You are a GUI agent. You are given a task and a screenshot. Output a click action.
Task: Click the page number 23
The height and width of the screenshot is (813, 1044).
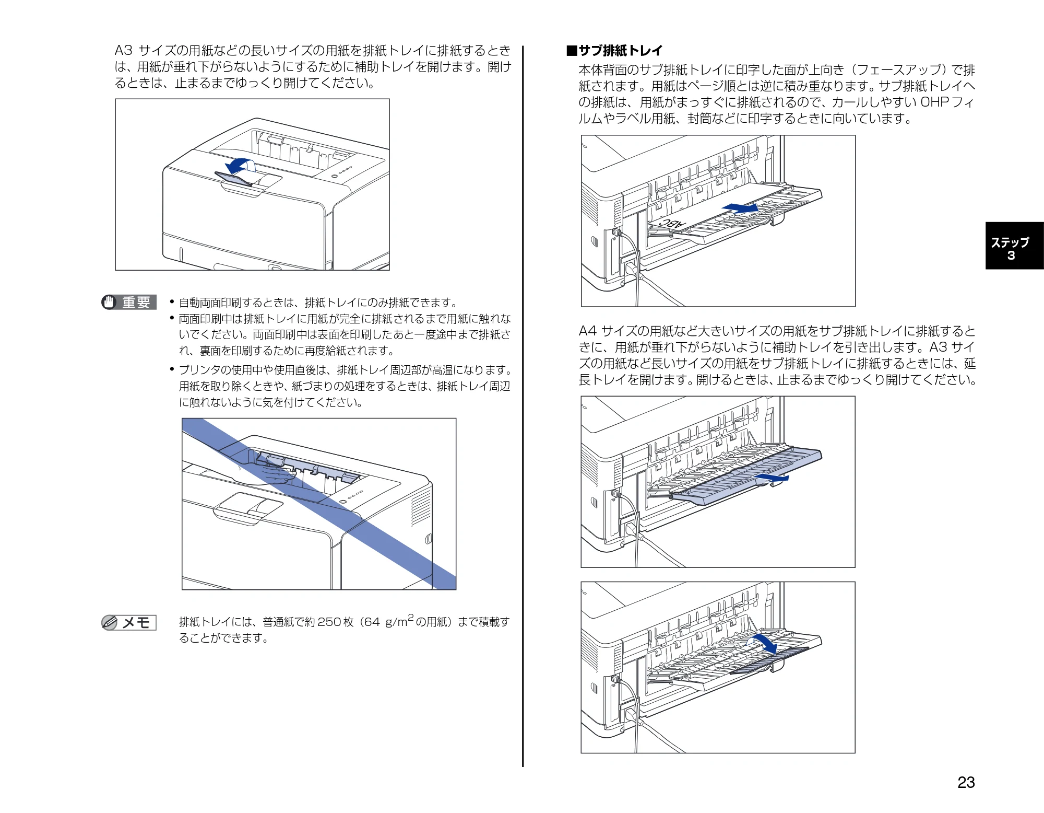tap(966, 782)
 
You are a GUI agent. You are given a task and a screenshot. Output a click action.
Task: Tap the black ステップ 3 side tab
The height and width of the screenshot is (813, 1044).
tap(1014, 246)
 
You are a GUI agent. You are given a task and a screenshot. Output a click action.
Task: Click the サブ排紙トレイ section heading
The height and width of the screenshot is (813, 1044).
tap(614, 51)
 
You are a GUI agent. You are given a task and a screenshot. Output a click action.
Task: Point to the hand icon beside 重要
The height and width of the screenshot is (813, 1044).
tap(109, 303)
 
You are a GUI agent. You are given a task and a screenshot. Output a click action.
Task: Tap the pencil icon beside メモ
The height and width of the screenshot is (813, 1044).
tap(110, 623)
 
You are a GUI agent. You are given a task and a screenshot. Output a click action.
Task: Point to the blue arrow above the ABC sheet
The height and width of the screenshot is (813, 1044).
tap(740, 208)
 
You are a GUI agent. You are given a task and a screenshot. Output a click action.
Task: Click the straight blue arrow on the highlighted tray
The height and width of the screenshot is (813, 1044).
tap(770, 478)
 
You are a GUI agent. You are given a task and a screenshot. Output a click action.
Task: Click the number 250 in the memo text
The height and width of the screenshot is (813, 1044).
tap(329, 622)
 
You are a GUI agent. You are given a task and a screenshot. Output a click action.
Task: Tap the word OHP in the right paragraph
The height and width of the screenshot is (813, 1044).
tap(934, 102)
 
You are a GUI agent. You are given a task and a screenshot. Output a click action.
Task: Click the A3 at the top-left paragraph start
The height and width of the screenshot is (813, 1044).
tap(124, 51)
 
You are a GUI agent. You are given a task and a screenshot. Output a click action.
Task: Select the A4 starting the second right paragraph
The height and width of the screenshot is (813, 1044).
tap(587, 331)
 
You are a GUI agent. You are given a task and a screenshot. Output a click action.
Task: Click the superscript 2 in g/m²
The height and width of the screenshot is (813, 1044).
tap(410, 618)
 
